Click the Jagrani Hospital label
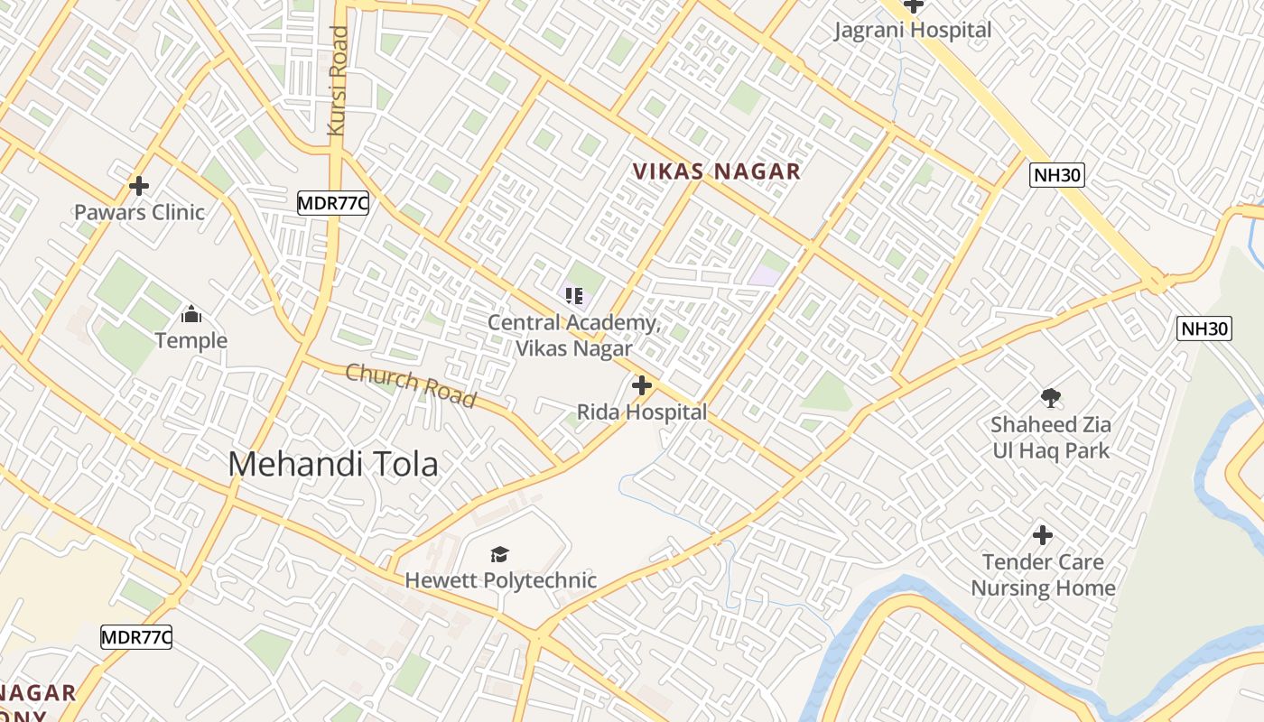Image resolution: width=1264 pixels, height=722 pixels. click(x=913, y=30)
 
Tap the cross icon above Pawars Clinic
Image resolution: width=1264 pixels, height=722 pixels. click(x=139, y=186)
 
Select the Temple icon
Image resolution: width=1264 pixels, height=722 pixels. click(x=191, y=315)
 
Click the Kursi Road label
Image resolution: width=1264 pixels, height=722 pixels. click(x=338, y=81)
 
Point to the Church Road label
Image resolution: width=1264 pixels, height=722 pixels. click(x=411, y=385)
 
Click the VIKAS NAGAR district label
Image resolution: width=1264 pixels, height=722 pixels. click(x=716, y=171)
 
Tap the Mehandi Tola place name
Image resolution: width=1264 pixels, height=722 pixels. click(x=333, y=464)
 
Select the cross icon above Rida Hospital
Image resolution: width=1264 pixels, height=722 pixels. click(x=642, y=386)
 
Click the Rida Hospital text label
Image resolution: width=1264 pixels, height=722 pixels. click(x=642, y=412)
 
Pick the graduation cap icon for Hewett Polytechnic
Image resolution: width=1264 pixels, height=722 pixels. click(x=499, y=554)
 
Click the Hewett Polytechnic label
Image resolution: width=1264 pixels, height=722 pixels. click(x=500, y=579)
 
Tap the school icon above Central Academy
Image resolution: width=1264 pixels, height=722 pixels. click(x=574, y=296)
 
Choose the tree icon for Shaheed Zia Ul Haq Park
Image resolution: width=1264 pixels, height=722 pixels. click(x=1050, y=398)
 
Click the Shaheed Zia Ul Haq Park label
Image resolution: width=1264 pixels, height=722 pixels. click(x=1050, y=437)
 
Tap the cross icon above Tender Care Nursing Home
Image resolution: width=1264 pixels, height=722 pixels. click(x=1043, y=535)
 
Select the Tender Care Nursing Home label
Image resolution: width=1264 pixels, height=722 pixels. click(x=1043, y=575)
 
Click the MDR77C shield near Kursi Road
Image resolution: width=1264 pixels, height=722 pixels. click(x=333, y=203)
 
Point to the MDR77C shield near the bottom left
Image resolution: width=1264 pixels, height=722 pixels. click(x=136, y=637)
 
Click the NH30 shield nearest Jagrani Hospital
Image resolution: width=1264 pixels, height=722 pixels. click(x=1057, y=175)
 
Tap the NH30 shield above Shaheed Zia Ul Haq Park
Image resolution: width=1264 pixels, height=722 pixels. click(x=1204, y=329)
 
